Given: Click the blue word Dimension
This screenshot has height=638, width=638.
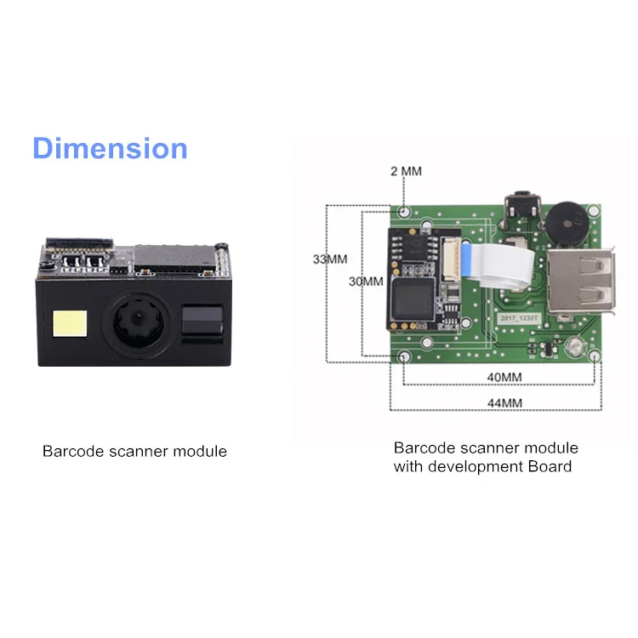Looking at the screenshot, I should point(110,148).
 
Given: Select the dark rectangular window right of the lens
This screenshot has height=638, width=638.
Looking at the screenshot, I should point(202,323).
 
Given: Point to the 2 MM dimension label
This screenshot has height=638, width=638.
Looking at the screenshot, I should point(406,171).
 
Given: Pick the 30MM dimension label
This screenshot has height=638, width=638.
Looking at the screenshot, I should point(367,281).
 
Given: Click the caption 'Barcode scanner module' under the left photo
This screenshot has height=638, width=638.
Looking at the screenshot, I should point(134,451).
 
